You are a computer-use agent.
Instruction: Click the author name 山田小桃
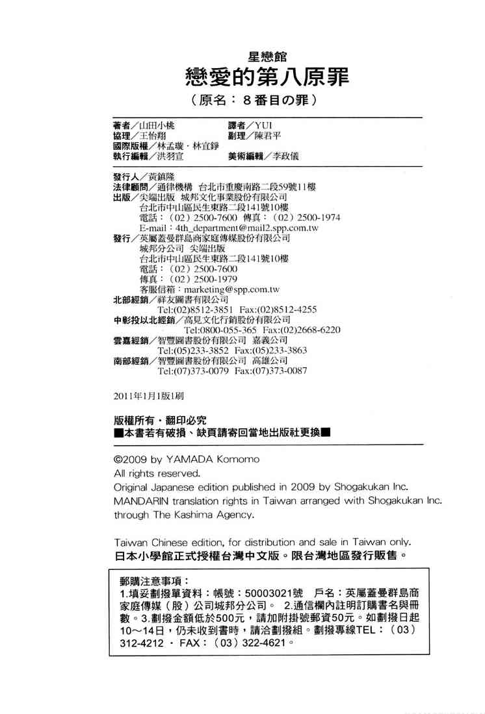click(157, 125)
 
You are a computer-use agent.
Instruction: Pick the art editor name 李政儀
click(287, 156)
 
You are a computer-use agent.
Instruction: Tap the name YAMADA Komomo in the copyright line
click(207, 460)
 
